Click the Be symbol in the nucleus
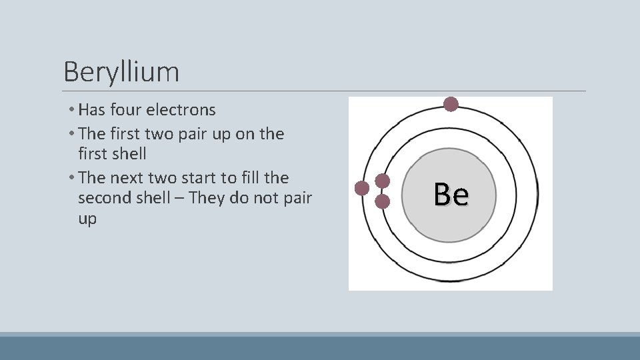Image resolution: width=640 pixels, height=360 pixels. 451,195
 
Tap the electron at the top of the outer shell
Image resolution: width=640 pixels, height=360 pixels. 451,104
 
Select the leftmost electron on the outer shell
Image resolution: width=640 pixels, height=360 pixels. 362,189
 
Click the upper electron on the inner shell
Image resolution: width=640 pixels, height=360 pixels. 383,181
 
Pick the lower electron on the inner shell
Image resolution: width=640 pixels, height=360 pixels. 383,200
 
